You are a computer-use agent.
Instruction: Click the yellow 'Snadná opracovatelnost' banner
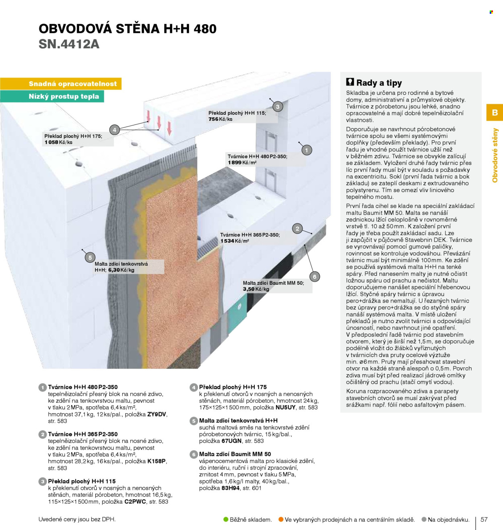coord(61,84)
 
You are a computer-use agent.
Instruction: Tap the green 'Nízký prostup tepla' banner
coord(52,96)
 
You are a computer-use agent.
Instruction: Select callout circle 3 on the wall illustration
coord(278,106)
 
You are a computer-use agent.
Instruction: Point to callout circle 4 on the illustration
coord(114,130)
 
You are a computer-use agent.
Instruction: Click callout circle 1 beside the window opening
coord(306,150)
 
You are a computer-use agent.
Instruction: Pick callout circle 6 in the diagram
coord(314,276)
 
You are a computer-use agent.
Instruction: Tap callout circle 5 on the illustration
coord(90,257)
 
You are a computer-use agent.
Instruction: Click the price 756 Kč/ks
coord(220,119)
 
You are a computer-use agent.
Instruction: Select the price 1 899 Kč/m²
coord(242,163)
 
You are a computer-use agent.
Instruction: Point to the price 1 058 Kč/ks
coord(58,142)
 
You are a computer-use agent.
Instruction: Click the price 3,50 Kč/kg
coord(256,289)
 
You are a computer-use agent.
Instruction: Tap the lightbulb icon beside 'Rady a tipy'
coord(350,82)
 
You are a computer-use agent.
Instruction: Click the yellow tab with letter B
coord(495,112)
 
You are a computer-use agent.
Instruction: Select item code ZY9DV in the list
coord(157,414)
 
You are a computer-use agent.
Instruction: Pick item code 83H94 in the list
coord(230,488)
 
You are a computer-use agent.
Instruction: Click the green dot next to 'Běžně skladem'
coord(226,519)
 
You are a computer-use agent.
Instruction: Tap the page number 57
coord(484,519)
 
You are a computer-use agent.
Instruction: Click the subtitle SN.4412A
coord(69,44)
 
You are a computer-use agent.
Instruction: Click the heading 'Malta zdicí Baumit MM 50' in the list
coord(235,454)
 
